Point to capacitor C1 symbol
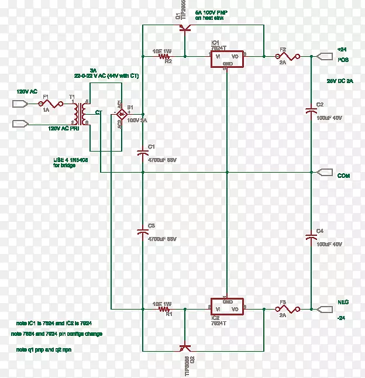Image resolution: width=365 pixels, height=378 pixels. [x=143, y=152]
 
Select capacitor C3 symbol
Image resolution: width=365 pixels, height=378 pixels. [x=143, y=232]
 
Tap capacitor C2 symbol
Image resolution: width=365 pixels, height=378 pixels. [x=311, y=111]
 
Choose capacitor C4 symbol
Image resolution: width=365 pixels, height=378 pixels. [x=311, y=236]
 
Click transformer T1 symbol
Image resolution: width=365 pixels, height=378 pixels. [x=84, y=113]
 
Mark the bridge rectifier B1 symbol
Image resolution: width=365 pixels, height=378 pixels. [x=120, y=113]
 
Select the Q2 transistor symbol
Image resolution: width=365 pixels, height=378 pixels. [x=184, y=348]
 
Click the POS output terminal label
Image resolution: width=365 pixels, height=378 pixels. [x=343, y=59]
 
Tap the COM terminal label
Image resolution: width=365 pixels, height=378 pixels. [x=343, y=175]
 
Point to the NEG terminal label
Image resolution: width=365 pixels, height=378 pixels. [x=343, y=303]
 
